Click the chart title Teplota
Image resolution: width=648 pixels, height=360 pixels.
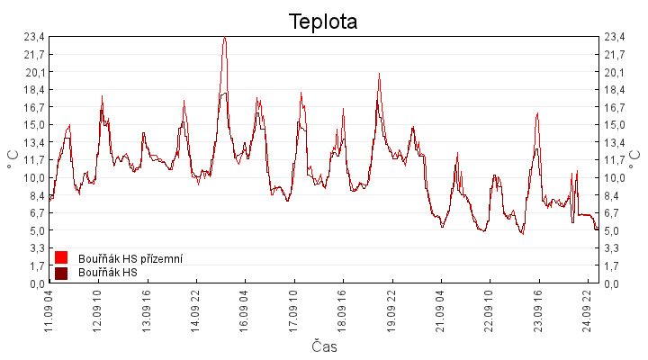point(323,22)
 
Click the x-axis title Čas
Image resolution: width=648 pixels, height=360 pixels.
point(324,346)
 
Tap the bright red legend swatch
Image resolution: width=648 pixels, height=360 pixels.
point(61,257)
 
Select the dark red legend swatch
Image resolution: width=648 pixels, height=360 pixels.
point(61,273)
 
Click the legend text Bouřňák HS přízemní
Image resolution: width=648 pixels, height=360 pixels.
point(130,258)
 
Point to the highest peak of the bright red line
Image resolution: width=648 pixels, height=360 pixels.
point(224,37)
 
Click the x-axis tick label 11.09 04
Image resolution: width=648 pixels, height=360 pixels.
point(49,311)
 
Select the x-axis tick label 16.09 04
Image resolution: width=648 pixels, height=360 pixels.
point(244,311)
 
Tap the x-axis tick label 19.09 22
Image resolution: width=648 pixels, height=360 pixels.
point(391,311)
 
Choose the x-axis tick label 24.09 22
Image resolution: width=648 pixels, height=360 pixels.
point(587,311)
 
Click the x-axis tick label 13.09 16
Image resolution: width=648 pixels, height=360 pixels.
point(147,311)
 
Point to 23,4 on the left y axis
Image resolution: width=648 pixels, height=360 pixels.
point(34,37)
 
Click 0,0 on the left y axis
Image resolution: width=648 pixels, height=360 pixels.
point(36,283)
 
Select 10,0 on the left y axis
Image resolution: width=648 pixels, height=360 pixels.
point(34,177)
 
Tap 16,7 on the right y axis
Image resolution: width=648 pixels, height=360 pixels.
point(615,107)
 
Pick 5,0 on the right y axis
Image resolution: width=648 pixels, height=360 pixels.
point(612,230)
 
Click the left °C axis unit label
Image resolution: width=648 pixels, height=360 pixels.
point(13,159)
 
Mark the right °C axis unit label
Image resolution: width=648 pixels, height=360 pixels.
point(634,159)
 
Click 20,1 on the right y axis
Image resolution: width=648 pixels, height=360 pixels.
point(615,72)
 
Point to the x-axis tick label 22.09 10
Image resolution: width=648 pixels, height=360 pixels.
point(490,311)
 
